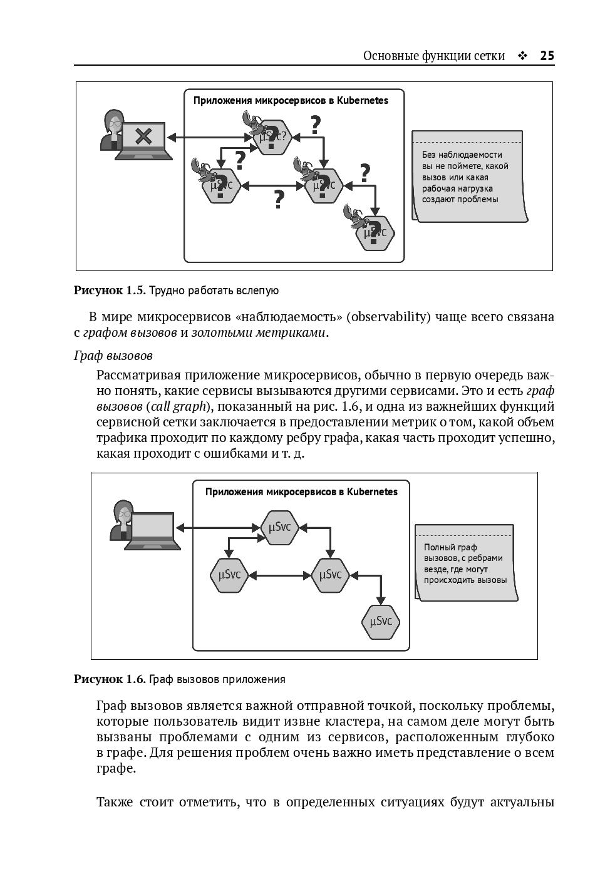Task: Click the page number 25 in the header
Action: click(x=547, y=56)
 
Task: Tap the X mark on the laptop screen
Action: click(x=144, y=135)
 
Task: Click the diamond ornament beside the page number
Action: click(x=522, y=56)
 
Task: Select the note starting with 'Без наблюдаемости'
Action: click(x=468, y=177)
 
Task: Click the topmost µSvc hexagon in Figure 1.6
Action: click(x=279, y=527)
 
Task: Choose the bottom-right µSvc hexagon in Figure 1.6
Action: click(x=381, y=621)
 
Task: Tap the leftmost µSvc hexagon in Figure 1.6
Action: click(x=229, y=575)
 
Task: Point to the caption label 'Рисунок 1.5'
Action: click(x=110, y=291)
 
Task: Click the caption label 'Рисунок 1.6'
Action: click(x=110, y=679)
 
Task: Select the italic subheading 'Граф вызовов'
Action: click(x=113, y=356)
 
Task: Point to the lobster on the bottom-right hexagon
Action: click(x=354, y=215)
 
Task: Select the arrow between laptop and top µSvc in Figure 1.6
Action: click(x=217, y=527)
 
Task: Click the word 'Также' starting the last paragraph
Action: click(x=115, y=802)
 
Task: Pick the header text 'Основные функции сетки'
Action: click(x=434, y=56)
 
